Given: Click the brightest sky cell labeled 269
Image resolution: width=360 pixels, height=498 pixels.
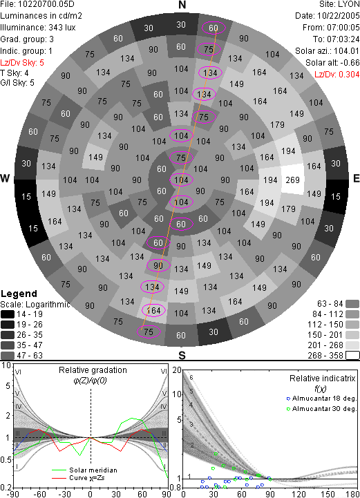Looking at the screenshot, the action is pos(292,180).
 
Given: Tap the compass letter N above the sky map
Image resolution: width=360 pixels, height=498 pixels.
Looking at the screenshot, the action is pos(182,5).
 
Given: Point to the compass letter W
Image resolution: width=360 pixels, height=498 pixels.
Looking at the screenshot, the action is pos(5,178).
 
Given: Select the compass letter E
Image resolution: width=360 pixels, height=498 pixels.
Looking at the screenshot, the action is pos(357,178).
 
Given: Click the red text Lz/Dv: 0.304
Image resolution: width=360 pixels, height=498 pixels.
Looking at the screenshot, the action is pos(337,75).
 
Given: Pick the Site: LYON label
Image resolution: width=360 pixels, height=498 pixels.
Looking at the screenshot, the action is pos(339,4).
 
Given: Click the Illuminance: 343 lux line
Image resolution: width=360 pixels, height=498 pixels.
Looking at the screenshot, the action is pos(38,28).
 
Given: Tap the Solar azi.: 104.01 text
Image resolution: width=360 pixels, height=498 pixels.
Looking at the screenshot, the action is pos(328,51).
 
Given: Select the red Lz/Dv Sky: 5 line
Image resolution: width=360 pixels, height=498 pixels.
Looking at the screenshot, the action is pos(22,63).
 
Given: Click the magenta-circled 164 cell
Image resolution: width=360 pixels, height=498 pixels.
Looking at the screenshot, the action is pos(154,310).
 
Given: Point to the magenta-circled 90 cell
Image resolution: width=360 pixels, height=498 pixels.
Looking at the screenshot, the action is pos(158,265).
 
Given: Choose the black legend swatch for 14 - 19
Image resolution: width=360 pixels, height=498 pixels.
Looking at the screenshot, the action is pos(8,314).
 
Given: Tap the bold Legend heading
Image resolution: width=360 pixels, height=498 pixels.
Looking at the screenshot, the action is pos(19,294).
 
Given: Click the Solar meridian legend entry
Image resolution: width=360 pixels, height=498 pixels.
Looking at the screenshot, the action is pos(84,470).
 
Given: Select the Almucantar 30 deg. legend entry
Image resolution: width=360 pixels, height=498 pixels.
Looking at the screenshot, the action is pos(321,409).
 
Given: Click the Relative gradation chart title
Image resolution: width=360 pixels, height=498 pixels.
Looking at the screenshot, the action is pos(93,370).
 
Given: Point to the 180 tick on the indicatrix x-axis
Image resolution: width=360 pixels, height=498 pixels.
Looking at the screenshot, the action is pos(352,494).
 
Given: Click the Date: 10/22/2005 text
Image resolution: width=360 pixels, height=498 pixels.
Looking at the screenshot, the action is pos(328,16).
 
